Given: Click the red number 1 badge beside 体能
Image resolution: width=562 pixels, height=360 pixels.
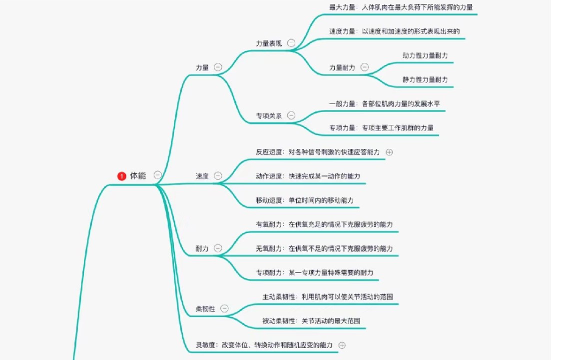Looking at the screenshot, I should [x=121, y=176].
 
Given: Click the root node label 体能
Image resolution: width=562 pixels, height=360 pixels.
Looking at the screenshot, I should [x=138, y=175].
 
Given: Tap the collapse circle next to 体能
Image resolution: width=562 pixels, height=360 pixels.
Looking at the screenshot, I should [x=158, y=175].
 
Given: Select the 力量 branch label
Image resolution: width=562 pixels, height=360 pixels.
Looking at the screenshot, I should [x=202, y=67].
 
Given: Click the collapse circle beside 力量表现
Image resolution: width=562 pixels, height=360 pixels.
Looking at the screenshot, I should [x=291, y=43].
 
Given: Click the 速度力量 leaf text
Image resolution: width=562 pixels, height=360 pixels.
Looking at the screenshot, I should [x=394, y=31].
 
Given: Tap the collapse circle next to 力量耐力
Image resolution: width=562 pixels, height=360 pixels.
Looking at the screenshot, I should [x=365, y=67].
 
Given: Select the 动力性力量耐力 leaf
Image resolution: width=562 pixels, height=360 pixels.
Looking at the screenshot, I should [x=425, y=55].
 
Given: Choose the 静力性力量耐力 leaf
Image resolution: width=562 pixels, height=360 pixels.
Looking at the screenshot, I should [x=425, y=79].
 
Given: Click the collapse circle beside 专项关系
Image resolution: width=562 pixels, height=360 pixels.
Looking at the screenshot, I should [x=291, y=115].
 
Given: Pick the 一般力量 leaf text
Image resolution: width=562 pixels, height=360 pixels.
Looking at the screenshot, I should [x=384, y=103].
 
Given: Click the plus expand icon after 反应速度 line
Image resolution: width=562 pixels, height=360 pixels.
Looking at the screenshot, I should [x=390, y=152].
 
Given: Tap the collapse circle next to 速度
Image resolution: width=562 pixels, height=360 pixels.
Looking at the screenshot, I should [x=218, y=175].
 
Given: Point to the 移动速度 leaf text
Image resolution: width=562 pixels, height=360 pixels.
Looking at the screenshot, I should [x=305, y=200].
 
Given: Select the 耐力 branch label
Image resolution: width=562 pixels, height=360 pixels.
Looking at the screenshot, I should [x=202, y=248].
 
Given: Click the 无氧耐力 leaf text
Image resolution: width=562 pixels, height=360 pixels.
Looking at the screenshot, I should [x=324, y=248].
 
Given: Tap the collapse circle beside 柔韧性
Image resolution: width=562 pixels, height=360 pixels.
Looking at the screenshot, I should [x=224, y=308].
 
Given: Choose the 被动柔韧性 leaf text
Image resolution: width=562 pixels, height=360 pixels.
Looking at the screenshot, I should [x=311, y=320].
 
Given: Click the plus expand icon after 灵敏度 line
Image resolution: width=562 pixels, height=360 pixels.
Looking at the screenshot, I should [x=342, y=344].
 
